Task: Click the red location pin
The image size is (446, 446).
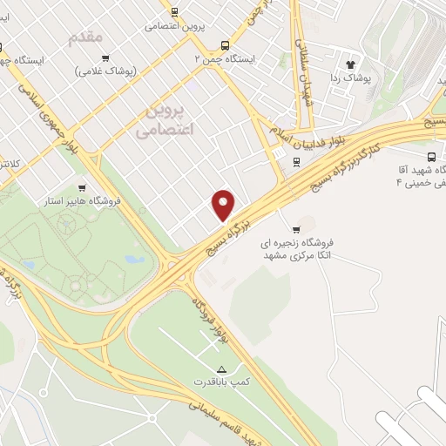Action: (x=224, y=204)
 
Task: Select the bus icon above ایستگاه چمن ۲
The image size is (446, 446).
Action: (x=226, y=45)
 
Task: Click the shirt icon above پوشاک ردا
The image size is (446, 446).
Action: (x=352, y=63)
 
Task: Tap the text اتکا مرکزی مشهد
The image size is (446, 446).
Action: (x=300, y=258)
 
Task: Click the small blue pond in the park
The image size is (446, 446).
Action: (x=132, y=259)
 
